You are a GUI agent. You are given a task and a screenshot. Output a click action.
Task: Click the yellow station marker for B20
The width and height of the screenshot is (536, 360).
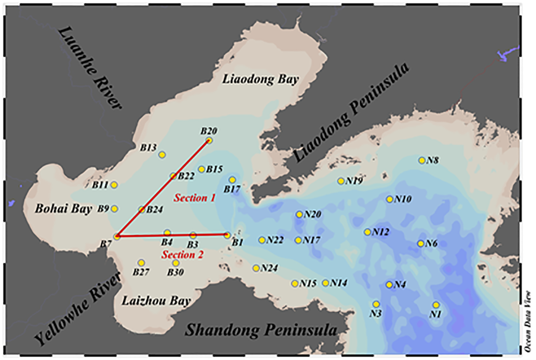209,141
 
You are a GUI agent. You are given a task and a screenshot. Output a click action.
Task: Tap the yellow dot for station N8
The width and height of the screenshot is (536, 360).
422,160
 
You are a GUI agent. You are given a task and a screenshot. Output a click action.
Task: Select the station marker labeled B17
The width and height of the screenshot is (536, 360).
232,180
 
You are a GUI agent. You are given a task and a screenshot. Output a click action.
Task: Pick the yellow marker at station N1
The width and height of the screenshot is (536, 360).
436,305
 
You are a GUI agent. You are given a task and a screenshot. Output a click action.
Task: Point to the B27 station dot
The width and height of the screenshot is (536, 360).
141,263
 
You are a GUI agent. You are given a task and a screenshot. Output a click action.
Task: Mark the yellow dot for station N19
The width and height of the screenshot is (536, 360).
341,181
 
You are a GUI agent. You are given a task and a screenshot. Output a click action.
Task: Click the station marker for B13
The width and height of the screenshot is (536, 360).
162,155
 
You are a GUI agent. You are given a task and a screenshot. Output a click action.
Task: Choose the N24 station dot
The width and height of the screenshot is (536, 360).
256,268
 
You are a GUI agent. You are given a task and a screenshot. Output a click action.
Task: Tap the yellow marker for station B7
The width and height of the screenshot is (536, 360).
117,237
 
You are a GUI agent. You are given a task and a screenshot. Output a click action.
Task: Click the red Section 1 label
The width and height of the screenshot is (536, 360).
194,198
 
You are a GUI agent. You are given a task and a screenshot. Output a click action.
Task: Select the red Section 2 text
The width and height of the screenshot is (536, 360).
182,254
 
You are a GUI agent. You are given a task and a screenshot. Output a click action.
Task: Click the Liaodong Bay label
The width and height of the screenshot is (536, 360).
260,79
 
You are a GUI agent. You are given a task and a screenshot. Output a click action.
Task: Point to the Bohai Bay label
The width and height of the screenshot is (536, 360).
63,208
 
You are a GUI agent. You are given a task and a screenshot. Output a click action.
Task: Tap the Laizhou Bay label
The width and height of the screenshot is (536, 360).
156,301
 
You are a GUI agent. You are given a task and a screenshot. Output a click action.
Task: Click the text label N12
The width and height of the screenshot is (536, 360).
381,233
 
